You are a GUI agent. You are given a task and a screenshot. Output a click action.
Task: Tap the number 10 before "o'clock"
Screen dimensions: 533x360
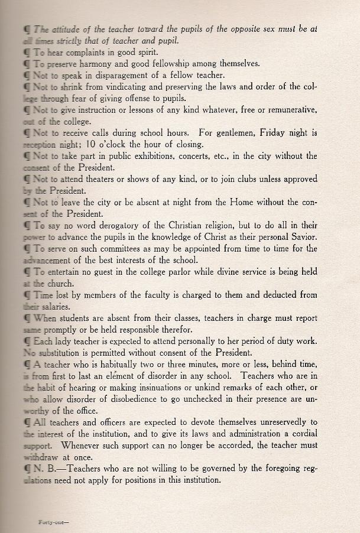[91, 144]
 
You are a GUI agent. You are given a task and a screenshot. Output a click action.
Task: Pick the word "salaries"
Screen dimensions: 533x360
[52, 307]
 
